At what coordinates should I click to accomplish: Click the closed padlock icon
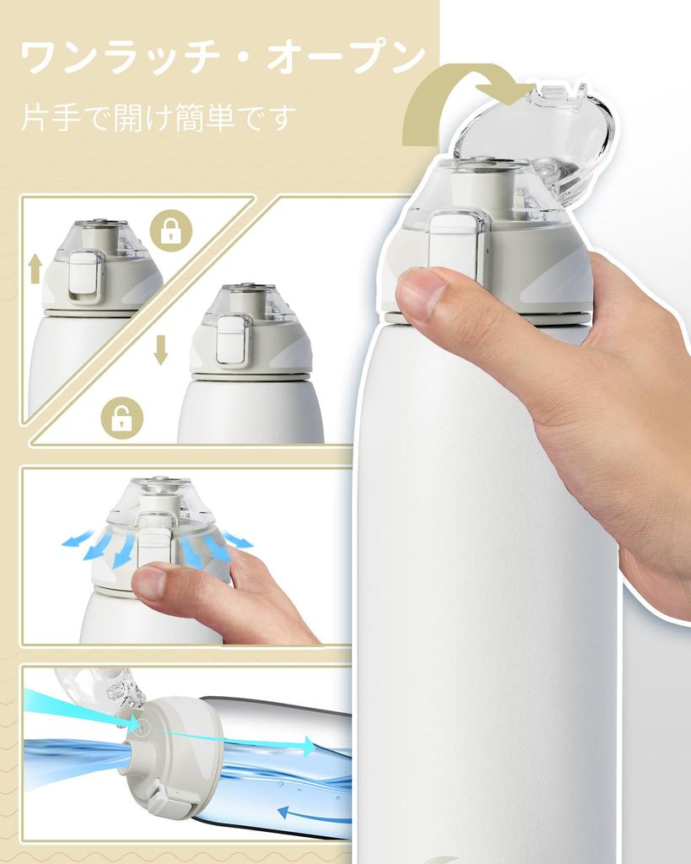[171, 230]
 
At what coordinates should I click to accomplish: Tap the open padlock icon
[121, 418]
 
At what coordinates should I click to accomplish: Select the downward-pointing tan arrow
[160, 349]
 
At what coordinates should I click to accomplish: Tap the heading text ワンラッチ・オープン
[224, 57]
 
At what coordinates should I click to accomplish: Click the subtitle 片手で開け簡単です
[158, 116]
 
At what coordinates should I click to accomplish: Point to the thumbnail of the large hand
[422, 292]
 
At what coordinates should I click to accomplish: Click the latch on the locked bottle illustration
[84, 276]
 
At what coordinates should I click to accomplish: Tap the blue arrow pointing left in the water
[314, 814]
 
